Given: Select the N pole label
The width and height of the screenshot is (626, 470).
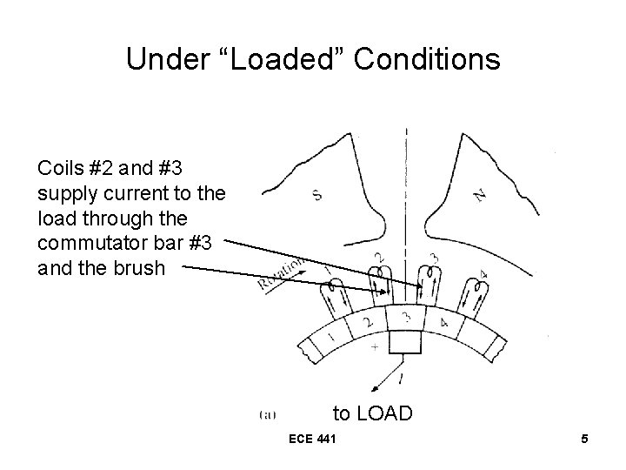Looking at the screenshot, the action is click(x=479, y=195).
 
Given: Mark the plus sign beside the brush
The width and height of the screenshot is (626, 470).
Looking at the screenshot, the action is click(x=373, y=346).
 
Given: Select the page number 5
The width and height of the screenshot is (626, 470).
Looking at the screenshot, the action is click(x=585, y=440).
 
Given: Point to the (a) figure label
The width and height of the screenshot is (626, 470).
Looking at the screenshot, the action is click(x=269, y=413).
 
